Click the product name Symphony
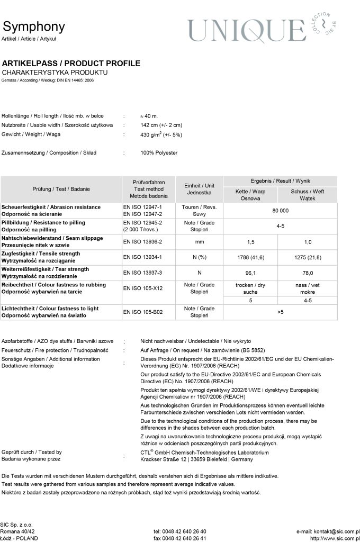(33, 26)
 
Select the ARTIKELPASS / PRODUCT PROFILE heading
(71, 64)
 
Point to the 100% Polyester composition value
(159, 153)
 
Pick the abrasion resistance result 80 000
(280, 211)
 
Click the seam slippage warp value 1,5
(251, 242)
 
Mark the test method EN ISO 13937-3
(142, 273)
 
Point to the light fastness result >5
(280, 312)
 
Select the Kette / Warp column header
(251, 195)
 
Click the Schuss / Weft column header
(307, 195)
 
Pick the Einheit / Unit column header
(199, 189)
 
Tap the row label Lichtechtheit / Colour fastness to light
(56, 308)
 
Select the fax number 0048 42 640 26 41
(180, 538)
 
